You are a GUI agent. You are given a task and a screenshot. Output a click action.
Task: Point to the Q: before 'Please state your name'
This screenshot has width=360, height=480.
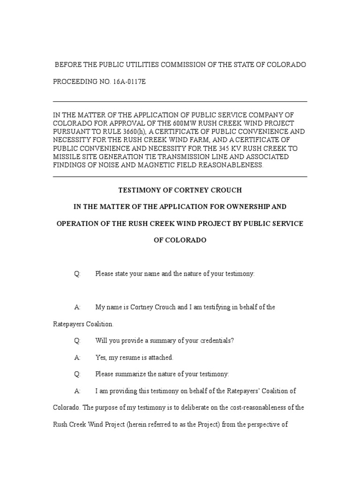[77, 274]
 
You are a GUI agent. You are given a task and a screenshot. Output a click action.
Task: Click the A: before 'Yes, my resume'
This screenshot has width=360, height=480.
[77, 357]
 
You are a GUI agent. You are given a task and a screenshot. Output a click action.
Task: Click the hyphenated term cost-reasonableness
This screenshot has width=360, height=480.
[261, 407]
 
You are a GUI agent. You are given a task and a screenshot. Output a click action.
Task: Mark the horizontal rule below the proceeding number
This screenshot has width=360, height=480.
[180, 101]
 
